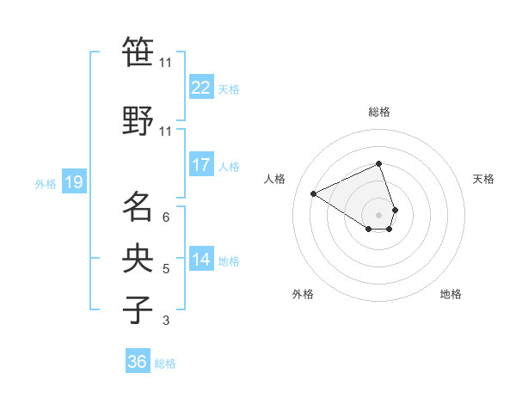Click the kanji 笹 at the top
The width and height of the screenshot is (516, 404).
[138, 52]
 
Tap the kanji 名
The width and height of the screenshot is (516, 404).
[138, 206]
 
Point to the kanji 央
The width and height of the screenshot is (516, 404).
[138, 259]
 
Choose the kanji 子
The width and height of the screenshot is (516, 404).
[138, 310]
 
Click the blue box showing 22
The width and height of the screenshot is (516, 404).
[200, 88]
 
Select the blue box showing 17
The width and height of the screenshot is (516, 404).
[200, 165]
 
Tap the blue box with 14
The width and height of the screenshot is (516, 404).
[200, 260]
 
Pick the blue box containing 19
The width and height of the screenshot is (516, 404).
[73, 182]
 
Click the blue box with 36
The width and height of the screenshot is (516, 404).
[138, 362]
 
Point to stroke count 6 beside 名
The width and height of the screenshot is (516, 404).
[165, 217]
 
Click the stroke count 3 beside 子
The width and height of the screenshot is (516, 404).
[165, 321]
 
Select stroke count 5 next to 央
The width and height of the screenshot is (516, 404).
[165, 269]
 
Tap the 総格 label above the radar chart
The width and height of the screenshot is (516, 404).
[378, 112]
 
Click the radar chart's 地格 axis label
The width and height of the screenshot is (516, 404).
[451, 294]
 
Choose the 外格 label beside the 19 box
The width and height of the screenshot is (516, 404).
[45, 183]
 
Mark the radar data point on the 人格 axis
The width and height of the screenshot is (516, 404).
[314, 193]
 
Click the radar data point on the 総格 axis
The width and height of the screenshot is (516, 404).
[378, 163]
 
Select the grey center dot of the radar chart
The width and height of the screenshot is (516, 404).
[378, 214]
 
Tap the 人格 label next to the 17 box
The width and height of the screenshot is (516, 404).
[229, 166]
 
